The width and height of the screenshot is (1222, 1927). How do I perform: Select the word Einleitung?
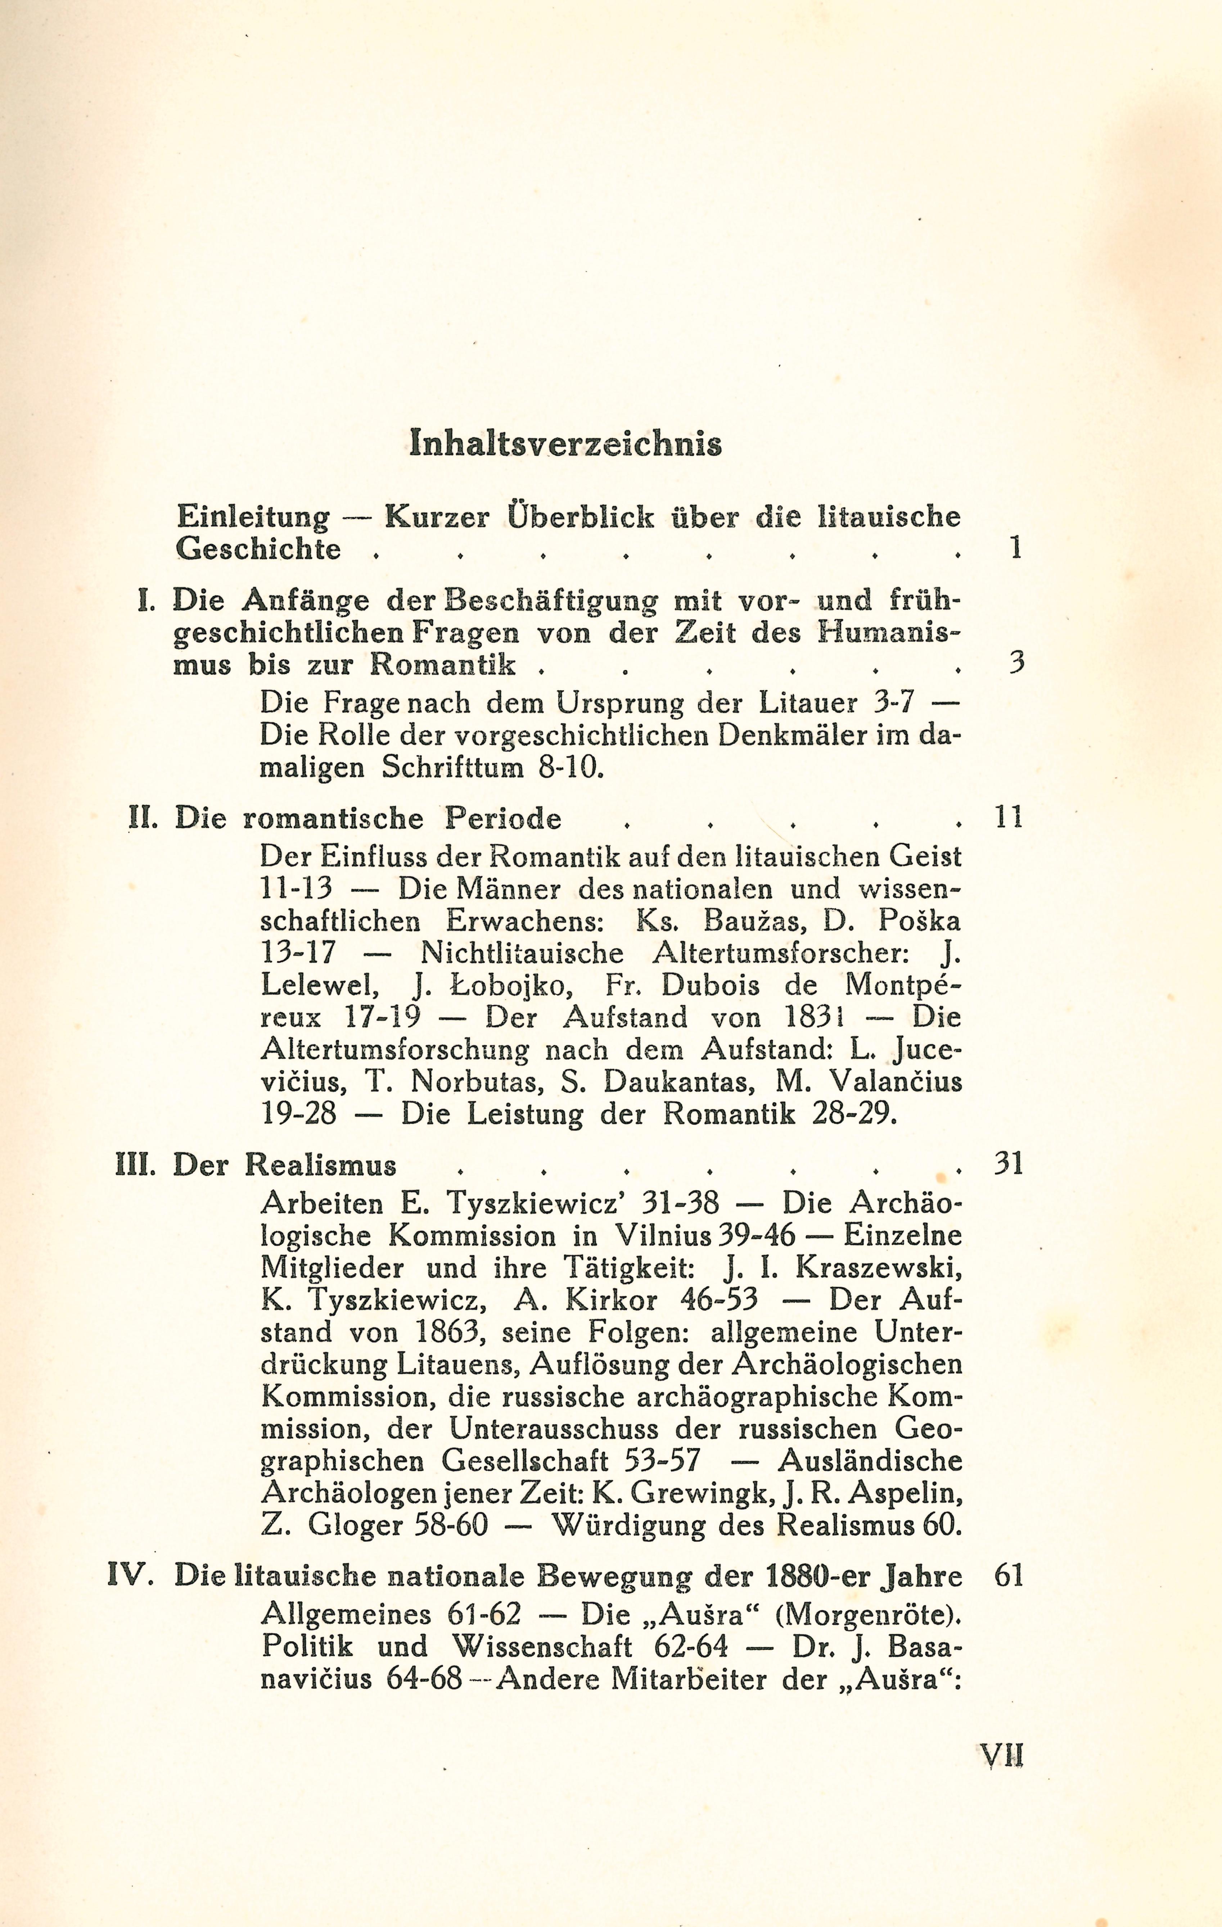253,518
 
